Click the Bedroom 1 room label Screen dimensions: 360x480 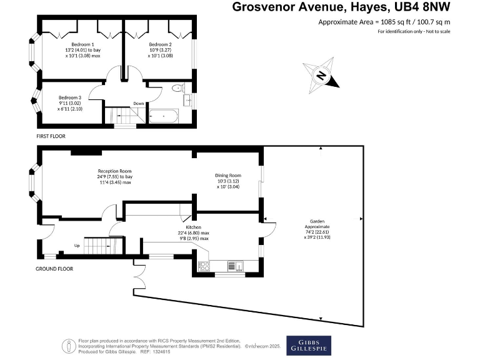(x=82, y=44)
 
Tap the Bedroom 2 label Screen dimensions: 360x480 (x=160, y=44)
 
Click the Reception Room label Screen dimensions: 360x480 (x=114, y=171)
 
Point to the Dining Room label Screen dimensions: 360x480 (x=228, y=176)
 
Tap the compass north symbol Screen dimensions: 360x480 (x=321, y=76)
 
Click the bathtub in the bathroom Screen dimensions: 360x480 (x=163, y=116)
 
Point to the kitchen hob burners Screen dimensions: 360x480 (x=204, y=266)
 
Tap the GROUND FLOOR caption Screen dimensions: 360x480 (x=54, y=269)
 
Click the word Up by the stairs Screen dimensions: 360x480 (x=76, y=246)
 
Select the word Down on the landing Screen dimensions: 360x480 (x=139, y=104)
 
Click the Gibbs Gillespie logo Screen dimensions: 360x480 (x=309, y=345)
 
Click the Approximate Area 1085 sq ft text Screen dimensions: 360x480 (x=384, y=22)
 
